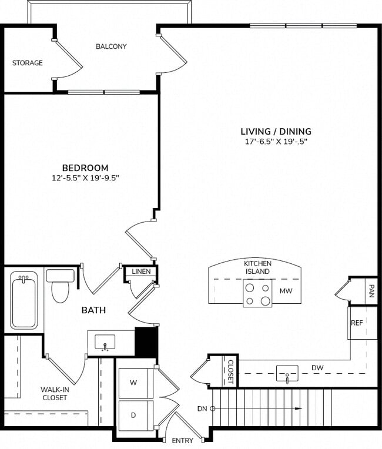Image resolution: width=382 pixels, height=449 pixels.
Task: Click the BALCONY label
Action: [x=111, y=46]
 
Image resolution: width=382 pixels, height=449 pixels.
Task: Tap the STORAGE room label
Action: [x=28, y=63]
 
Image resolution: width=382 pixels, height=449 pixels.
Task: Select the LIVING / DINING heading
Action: [x=276, y=132]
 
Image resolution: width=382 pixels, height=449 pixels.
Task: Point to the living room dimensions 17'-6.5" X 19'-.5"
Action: [x=276, y=142]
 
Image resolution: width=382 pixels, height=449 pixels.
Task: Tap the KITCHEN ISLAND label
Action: [x=257, y=267]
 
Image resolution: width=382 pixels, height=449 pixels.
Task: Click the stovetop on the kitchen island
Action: [x=258, y=294]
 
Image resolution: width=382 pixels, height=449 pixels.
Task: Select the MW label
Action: [x=286, y=291]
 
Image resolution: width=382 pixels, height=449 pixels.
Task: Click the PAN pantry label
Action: [x=371, y=290]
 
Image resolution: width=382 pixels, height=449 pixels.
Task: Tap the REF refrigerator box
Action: [x=357, y=323]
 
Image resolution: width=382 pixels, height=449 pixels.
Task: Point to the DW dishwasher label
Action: [x=318, y=368]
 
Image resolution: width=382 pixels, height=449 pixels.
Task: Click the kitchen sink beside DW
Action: [x=287, y=373]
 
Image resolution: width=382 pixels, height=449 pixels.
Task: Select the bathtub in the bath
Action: [x=24, y=301]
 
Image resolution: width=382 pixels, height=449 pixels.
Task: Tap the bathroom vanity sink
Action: [x=106, y=341]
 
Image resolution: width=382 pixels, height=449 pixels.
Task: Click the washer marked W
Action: [x=134, y=383]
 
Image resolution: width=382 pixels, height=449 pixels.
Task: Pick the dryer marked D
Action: [x=134, y=415]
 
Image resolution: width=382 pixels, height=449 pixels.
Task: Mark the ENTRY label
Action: [x=182, y=440]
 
